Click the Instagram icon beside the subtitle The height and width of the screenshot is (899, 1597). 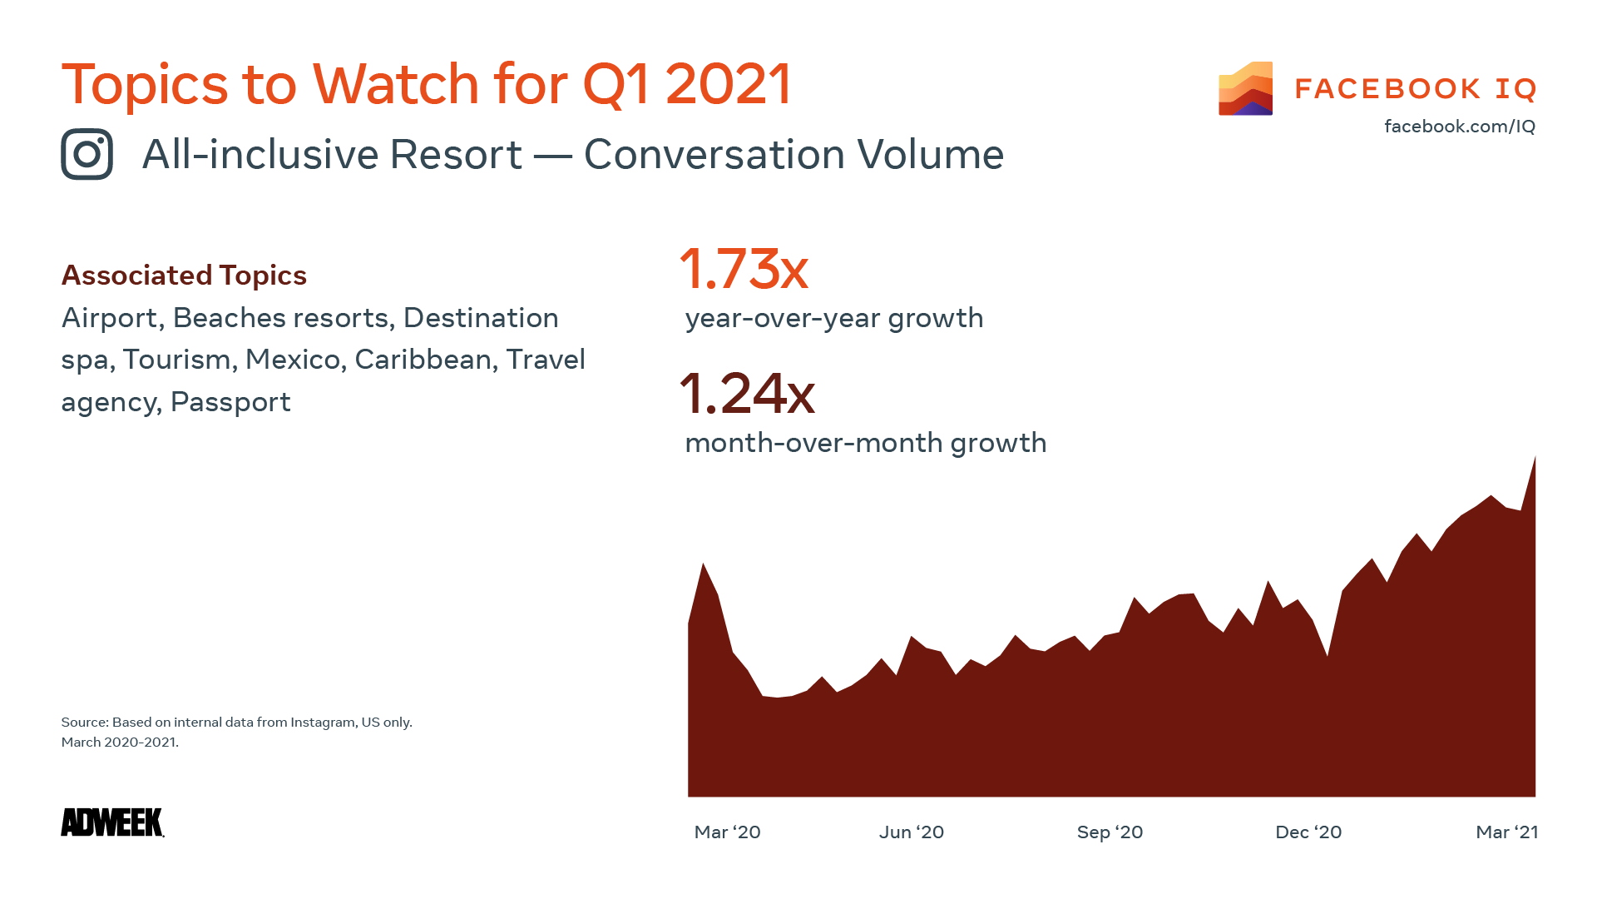tap(87, 154)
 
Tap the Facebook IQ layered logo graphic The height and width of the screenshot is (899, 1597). tap(1245, 88)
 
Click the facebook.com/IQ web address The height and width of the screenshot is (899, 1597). tap(1459, 127)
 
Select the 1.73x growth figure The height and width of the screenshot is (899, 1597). tap(744, 269)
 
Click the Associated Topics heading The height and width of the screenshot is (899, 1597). tap(184, 276)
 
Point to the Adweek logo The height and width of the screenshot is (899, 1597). tap(112, 822)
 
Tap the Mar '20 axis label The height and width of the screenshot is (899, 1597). tap(727, 832)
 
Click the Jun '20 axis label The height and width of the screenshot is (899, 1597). tap(912, 832)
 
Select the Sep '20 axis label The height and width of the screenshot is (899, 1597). tap(1110, 832)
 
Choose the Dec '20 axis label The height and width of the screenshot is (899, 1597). tap(1308, 832)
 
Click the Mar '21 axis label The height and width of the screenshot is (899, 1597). tap(1506, 832)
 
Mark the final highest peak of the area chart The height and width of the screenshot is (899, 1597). tap(1535, 459)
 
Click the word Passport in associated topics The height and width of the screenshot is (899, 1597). tap(230, 402)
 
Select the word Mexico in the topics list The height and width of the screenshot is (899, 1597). tap(293, 360)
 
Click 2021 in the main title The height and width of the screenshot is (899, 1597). tap(728, 84)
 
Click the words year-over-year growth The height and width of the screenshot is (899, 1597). tap(833, 318)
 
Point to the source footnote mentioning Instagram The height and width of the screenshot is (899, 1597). tap(236, 723)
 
